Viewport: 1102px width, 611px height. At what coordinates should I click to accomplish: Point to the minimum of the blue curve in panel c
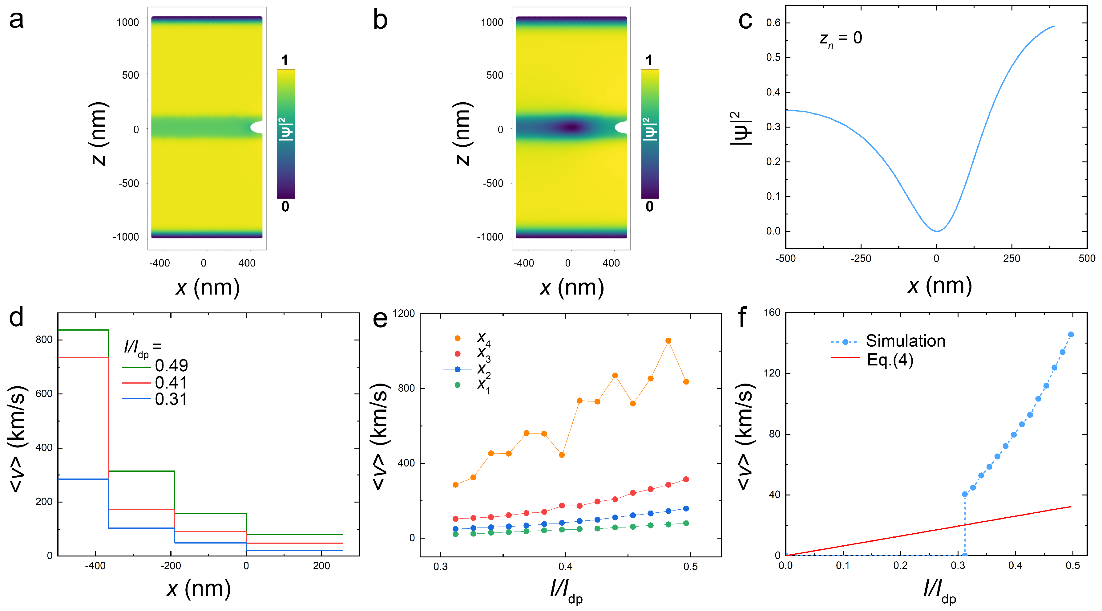[937, 231]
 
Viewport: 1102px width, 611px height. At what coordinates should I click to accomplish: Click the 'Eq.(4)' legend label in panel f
[890, 360]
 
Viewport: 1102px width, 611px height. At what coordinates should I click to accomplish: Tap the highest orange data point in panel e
[668, 341]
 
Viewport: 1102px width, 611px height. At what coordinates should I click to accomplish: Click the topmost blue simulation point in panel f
[1071, 334]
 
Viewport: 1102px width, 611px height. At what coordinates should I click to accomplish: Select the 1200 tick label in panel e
[404, 313]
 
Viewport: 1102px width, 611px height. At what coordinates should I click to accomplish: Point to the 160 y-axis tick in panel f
[772, 312]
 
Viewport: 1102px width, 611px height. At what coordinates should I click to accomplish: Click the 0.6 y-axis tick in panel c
[773, 23]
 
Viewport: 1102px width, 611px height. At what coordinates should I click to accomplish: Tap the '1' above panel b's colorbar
[649, 60]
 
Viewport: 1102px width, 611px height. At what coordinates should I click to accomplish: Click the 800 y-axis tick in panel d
[44, 340]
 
